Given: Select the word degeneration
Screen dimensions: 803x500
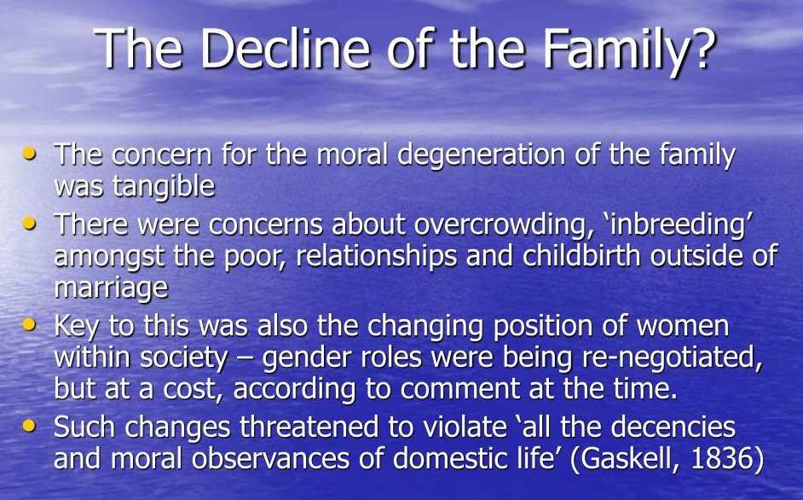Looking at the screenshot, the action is tap(482, 156).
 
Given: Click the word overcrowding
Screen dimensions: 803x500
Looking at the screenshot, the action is tap(500, 225).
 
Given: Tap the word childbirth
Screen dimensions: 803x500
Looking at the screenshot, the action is tap(581, 255).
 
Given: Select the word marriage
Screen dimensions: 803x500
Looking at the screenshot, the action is tap(111, 288).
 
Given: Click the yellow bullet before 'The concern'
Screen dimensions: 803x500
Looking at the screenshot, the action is tap(30, 153).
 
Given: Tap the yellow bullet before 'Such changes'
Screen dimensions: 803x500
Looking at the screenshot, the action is tap(30, 425).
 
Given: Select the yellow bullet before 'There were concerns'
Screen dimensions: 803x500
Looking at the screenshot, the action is tap(30, 223).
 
